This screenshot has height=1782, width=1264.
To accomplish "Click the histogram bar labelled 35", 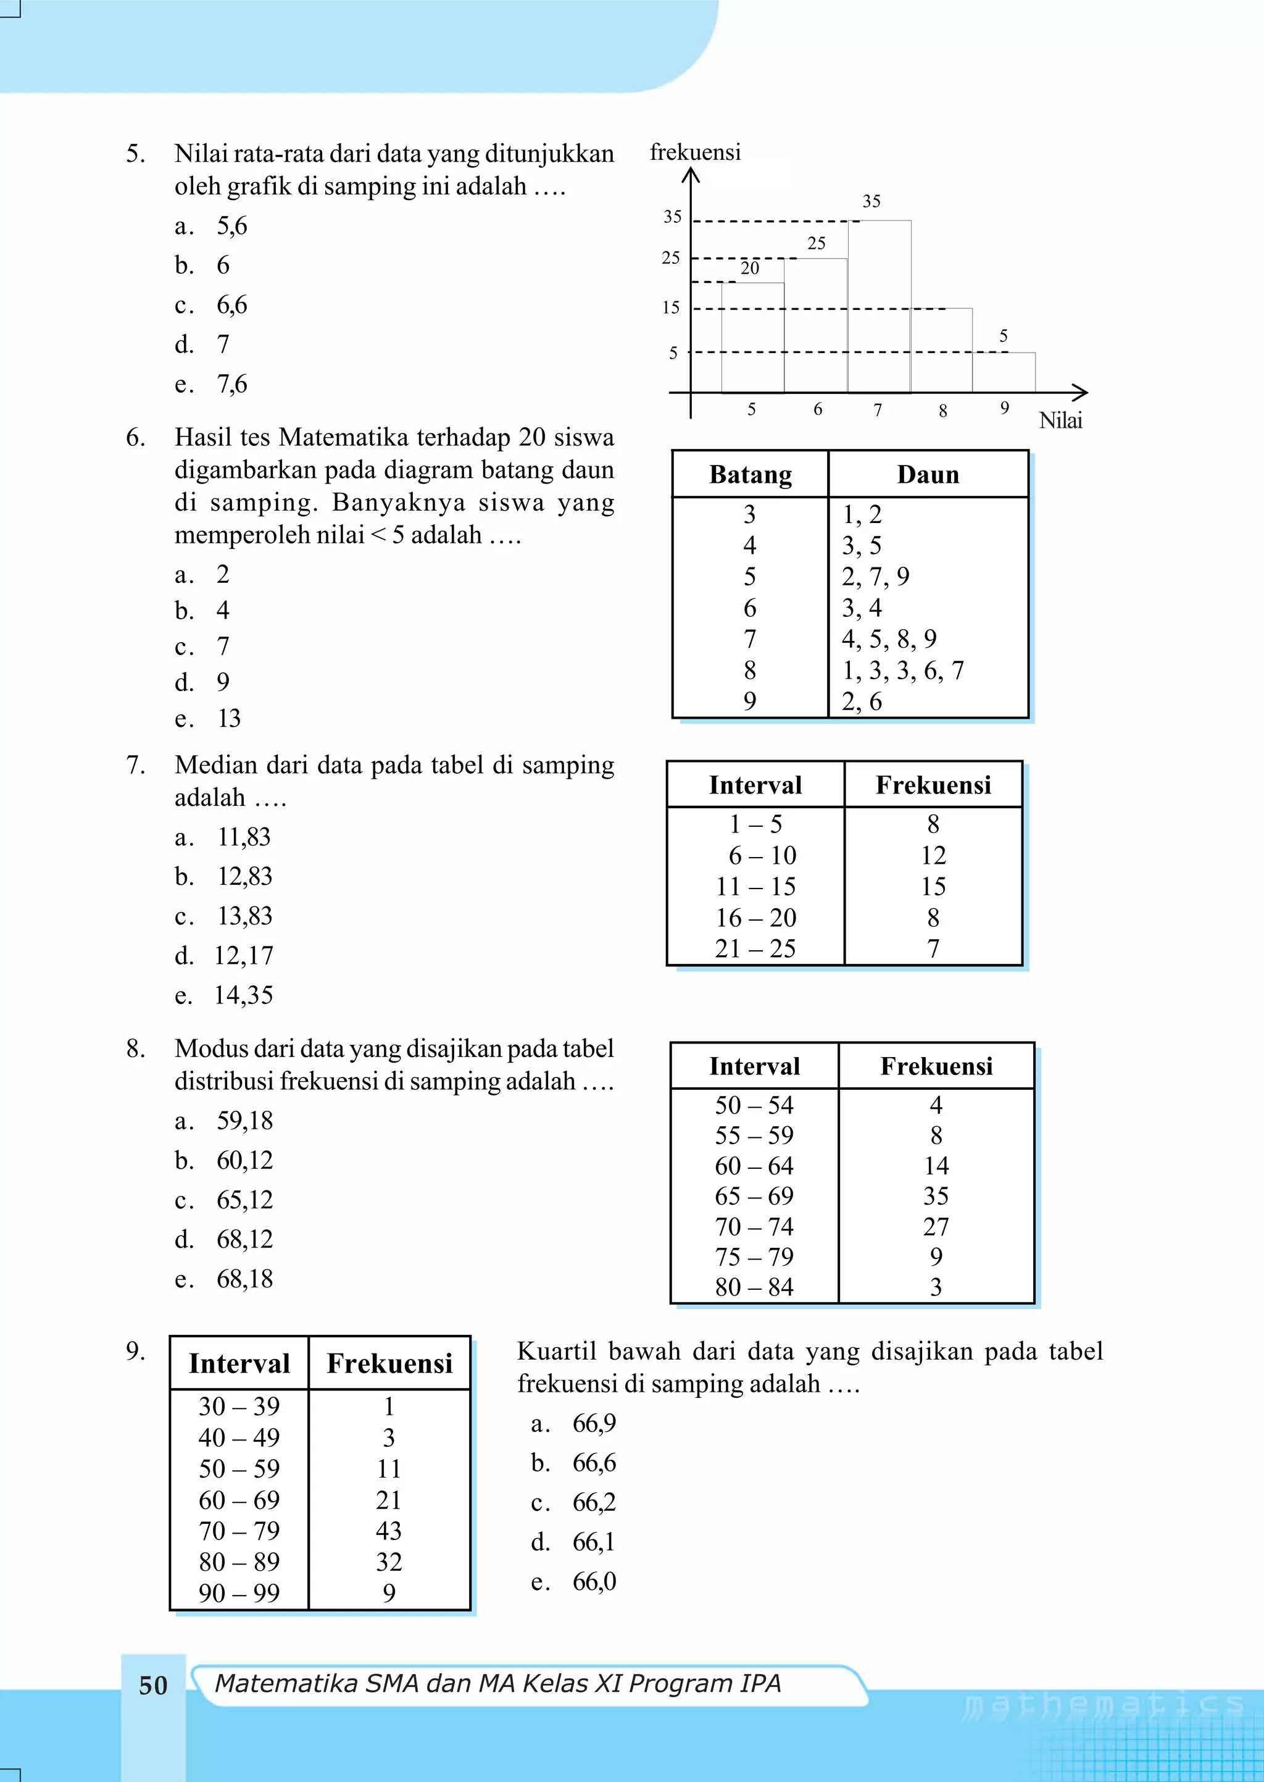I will (x=879, y=307).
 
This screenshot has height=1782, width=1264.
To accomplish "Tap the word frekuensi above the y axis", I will (x=694, y=152).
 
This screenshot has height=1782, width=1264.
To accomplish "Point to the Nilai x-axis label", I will (x=1060, y=420).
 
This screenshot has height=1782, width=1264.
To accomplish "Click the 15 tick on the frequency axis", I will (x=671, y=307).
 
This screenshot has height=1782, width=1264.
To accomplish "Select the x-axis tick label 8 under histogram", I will (x=942, y=410).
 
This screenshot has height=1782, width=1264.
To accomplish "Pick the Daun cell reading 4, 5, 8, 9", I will (x=889, y=638).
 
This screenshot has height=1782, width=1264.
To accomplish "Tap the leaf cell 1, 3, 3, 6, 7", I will (x=902, y=669).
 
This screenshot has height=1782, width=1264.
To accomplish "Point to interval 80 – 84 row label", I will (x=754, y=1286).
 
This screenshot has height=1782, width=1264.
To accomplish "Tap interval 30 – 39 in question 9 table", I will (x=239, y=1406).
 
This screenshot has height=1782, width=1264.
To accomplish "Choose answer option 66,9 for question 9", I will (x=594, y=1423).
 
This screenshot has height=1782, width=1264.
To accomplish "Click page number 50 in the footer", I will (x=153, y=1684).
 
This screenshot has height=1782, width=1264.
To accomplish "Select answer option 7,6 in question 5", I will (x=232, y=384).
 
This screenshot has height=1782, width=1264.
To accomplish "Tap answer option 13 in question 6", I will (x=229, y=717).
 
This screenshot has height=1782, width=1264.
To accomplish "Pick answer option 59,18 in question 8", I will (x=244, y=1120).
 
